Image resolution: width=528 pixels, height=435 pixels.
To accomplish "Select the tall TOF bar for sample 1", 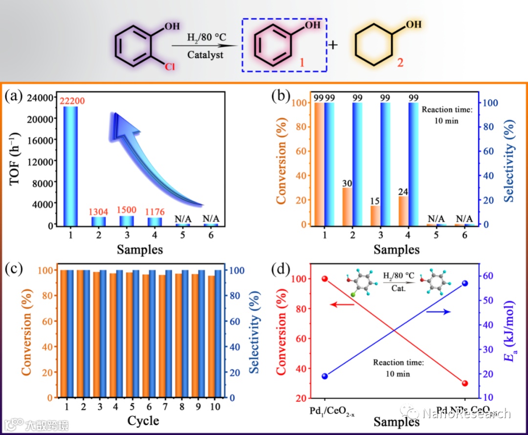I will [x=71, y=166].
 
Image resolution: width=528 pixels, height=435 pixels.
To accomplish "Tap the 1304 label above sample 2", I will [x=99, y=212].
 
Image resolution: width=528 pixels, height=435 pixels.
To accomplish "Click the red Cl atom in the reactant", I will [x=169, y=67].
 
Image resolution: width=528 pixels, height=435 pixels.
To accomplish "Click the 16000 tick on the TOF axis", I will [x=41, y=140].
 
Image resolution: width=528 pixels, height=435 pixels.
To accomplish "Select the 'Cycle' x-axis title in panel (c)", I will [x=143, y=420].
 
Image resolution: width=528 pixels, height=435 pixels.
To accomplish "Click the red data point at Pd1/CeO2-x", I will [x=325, y=279].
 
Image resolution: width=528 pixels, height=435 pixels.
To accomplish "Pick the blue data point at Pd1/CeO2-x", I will [x=325, y=376].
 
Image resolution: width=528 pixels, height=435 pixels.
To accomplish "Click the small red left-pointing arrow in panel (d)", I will [x=342, y=305].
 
